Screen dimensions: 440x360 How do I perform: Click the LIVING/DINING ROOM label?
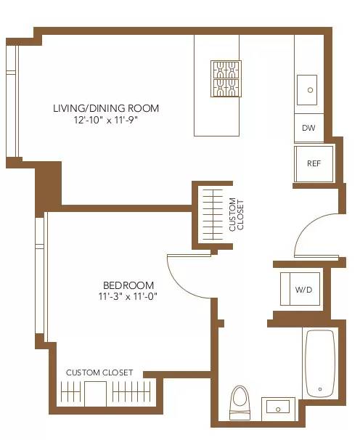pos(105,108)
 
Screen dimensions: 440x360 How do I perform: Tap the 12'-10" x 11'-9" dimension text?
pos(105,121)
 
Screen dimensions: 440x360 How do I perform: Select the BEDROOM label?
pos(128,285)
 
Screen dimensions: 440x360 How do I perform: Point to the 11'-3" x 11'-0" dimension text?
pos(128,296)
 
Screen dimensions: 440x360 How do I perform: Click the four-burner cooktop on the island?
pos(226,78)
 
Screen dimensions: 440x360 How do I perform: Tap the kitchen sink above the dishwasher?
pos(310,90)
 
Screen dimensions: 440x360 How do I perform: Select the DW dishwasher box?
pos(308,128)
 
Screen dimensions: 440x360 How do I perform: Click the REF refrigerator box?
pos(314,163)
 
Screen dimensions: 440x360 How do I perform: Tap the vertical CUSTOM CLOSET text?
pos(237,214)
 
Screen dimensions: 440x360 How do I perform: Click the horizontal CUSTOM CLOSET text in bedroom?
pos(99,372)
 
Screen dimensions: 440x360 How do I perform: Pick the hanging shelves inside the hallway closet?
pos(212,215)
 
